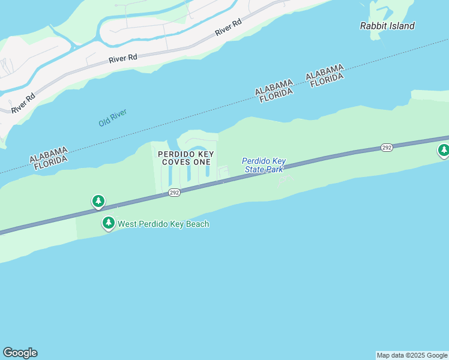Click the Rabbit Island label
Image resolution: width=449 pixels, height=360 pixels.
click(x=387, y=26)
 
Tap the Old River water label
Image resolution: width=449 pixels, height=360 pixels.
click(x=113, y=118)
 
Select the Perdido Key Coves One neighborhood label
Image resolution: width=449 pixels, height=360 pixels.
click(x=186, y=158)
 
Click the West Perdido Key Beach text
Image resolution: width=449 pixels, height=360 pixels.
click(x=163, y=224)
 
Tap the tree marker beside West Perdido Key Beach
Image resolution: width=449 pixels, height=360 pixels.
click(x=109, y=223)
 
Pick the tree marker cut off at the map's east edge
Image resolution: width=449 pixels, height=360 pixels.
click(x=443, y=151)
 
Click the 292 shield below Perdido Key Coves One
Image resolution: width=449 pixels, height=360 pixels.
click(x=174, y=192)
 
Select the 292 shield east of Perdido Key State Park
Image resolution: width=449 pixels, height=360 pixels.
click(x=387, y=148)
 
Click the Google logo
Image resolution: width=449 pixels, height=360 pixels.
click(x=20, y=353)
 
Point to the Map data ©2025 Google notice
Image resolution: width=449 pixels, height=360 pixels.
click(x=412, y=355)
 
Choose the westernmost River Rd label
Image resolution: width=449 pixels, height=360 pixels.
click(x=23, y=103)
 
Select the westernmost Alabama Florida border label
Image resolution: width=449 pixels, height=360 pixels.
click(x=49, y=158)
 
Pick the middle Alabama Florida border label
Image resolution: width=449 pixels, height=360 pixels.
click(x=274, y=91)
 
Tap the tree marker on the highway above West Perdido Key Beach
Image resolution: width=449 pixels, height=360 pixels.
click(x=98, y=201)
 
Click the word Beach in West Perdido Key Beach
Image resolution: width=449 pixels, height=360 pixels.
click(x=196, y=224)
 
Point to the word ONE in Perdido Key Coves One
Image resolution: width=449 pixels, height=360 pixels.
click(x=202, y=163)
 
